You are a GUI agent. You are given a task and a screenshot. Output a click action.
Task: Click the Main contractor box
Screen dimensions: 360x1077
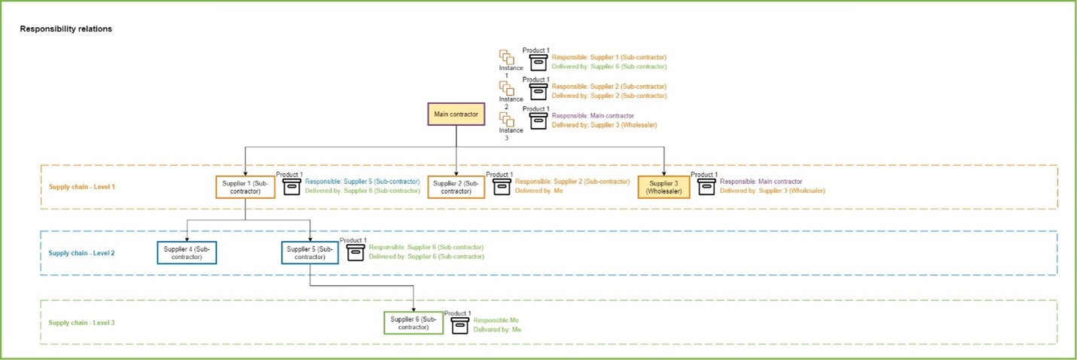point(456,114)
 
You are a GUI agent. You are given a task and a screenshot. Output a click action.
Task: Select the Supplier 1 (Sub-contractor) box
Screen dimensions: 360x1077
point(246,187)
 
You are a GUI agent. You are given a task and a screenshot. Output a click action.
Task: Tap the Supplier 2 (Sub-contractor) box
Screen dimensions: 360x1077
point(456,187)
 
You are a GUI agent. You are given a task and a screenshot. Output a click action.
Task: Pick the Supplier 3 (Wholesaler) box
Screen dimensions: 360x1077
point(664,187)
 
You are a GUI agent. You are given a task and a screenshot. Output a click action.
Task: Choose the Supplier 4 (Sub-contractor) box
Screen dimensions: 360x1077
point(187,252)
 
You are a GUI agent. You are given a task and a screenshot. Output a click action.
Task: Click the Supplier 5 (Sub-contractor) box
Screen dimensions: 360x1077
point(310,252)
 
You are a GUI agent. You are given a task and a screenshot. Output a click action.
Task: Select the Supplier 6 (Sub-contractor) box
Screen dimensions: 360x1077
point(413,322)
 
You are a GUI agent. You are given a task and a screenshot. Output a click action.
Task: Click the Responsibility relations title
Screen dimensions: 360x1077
point(66,29)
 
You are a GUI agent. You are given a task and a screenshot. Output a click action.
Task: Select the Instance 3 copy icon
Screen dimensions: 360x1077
point(506,119)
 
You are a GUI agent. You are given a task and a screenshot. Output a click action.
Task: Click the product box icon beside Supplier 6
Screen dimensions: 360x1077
point(459,325)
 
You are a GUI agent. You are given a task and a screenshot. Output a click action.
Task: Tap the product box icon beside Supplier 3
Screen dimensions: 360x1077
point(706,186)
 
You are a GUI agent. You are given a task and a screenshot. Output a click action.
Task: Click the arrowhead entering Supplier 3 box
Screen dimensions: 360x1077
point(664,172)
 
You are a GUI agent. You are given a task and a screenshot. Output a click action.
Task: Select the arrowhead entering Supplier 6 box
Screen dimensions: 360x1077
point(413,308)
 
